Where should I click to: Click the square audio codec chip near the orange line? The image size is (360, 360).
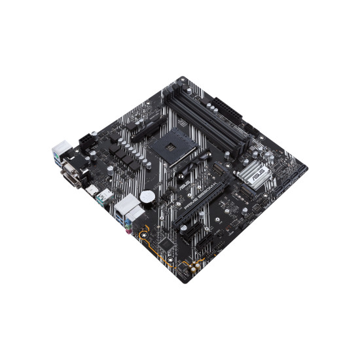pyautogui.click(x=169, y=243)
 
